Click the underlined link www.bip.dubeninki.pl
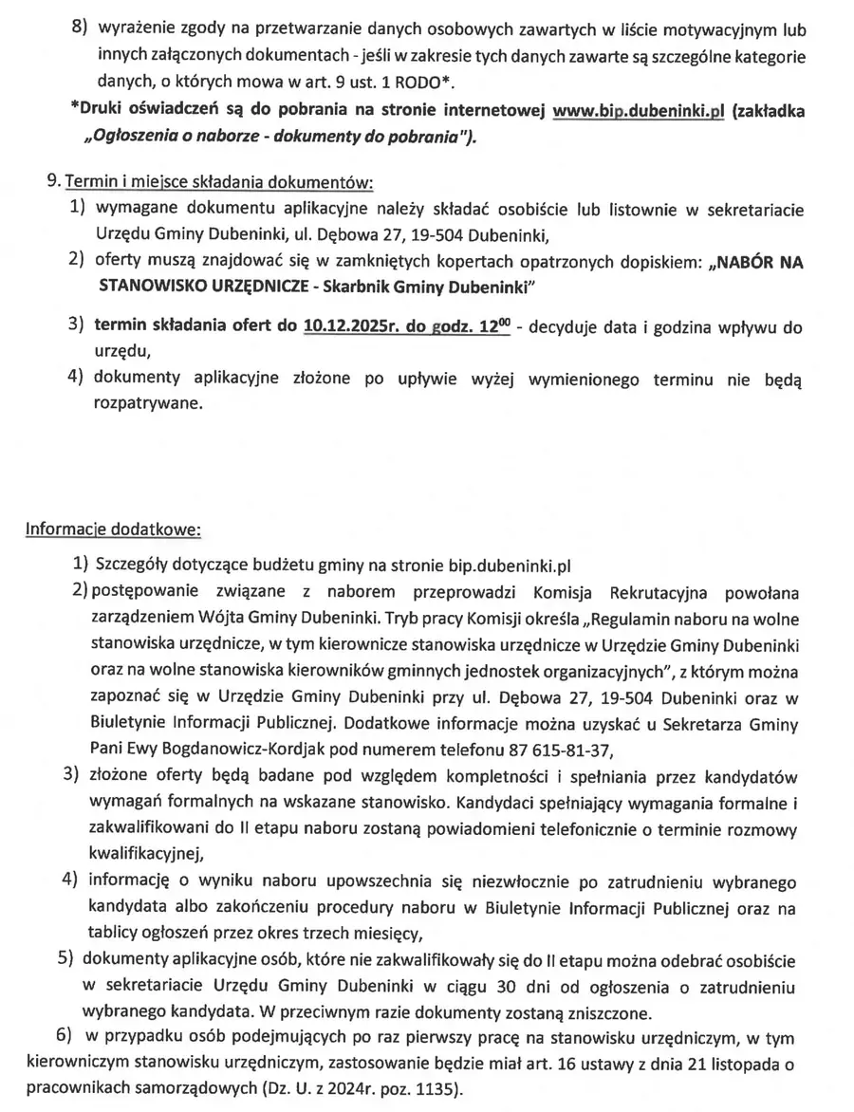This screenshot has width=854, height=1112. (638, 110)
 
